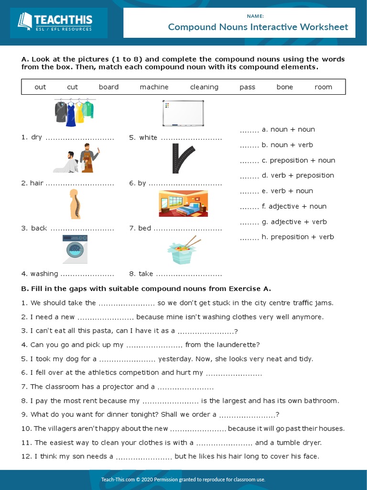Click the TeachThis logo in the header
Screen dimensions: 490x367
click(x=55, y=22)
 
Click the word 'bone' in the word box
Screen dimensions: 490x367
click(x=285, y=87)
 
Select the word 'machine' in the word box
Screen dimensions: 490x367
click(x=154, y=87)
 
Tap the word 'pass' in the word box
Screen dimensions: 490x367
click(x=248, y=87)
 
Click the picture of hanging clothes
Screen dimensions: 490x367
click(x=75, y=112)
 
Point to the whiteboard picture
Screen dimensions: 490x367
click(x=183, y=113)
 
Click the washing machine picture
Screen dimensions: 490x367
click(x=75, y=249)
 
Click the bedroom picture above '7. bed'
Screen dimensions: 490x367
click(x=183, y=204)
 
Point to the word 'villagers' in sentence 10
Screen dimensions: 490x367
click(x=66, y=429)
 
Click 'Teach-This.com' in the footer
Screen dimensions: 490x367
click(x=120, y=479)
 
